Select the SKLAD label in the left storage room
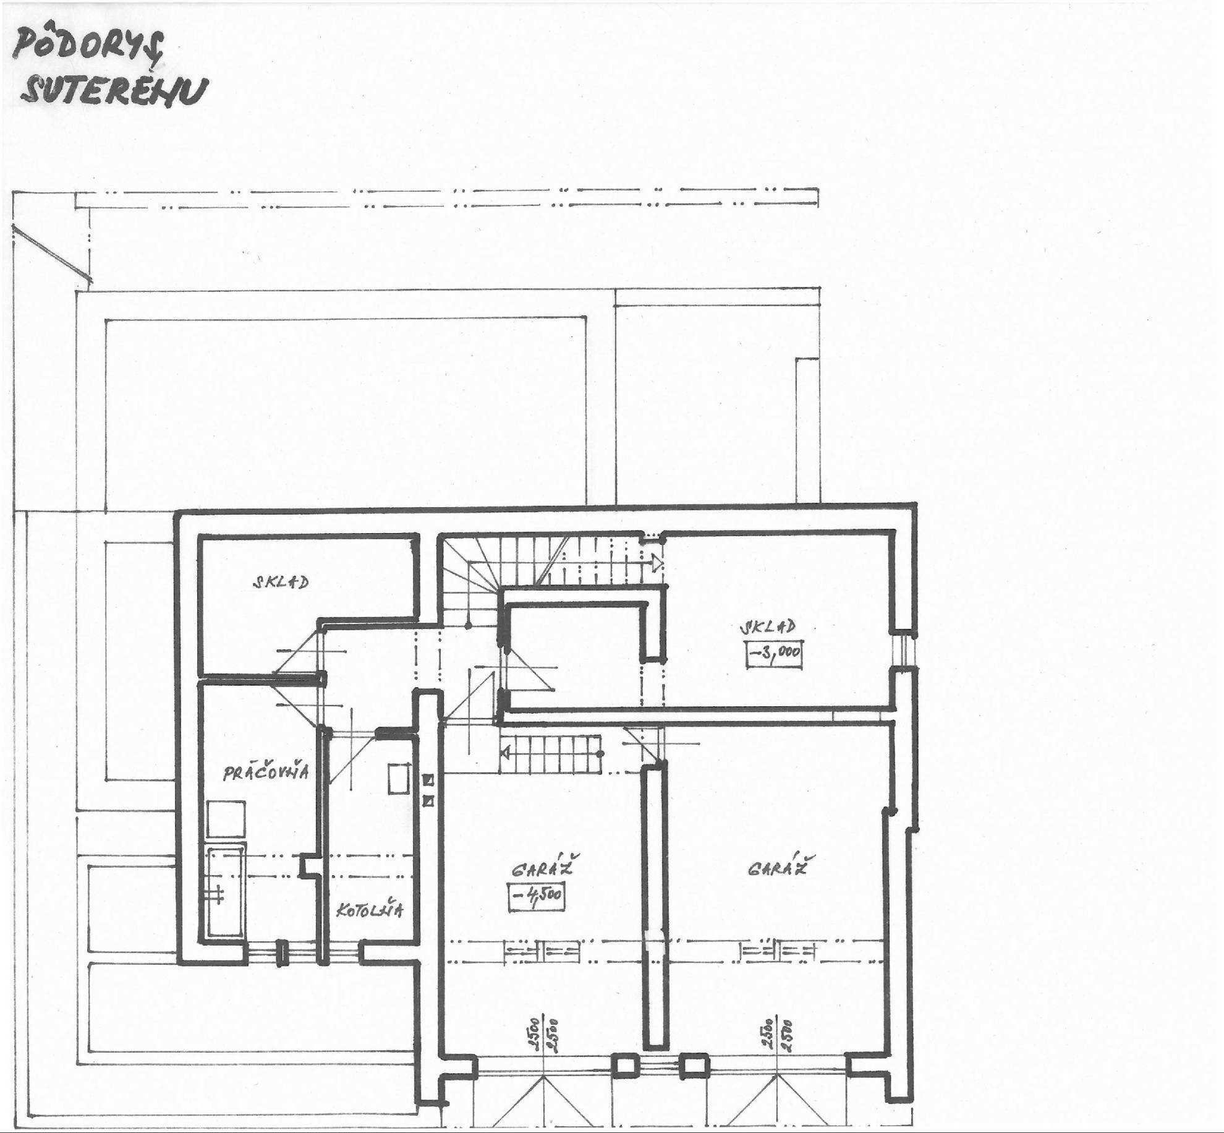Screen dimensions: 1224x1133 tap(280, 582)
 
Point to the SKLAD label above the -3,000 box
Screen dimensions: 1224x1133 tap(768, 626)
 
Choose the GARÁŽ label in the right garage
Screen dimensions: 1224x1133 tap(779, 866)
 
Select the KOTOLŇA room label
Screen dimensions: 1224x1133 tap(370, 909)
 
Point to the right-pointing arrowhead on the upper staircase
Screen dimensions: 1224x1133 tap(657, 563)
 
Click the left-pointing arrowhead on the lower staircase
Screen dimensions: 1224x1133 tap(505, 753)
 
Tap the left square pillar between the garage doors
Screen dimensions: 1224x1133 tap(624, 1065)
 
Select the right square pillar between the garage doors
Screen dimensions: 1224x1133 tap(694, 1065)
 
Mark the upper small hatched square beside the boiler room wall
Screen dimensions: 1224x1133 tap(428, 781)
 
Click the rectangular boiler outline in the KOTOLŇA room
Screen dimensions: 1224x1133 tap(399, 779)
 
